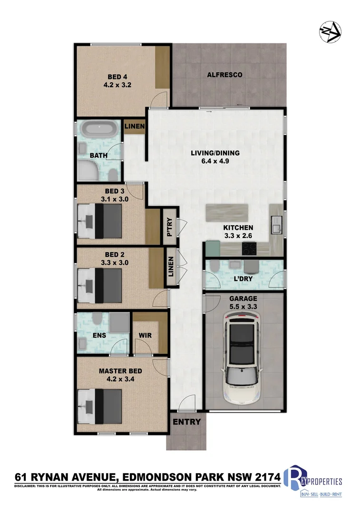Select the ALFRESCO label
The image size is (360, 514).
point(225,75)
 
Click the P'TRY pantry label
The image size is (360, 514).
point(169,227)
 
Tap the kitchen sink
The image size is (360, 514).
point(276,223)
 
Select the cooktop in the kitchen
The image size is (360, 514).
point(250,247)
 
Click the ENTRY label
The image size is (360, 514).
point(186,422)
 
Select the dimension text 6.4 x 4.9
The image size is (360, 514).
point(215,161)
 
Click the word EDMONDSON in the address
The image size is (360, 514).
point(163,476)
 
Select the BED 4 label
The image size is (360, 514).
point(117,78)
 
